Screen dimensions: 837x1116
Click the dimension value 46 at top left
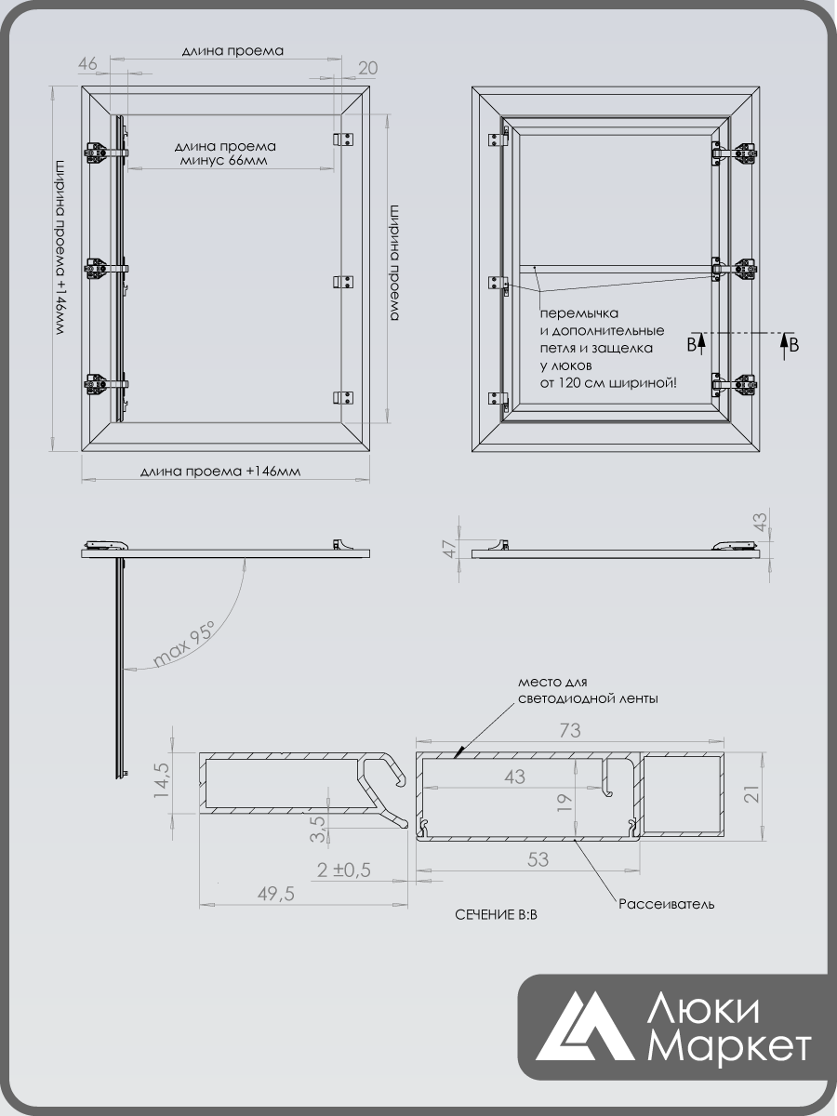click(87, 63)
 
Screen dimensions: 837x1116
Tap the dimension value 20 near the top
click(368, 68)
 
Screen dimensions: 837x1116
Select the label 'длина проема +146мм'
click(220, 472)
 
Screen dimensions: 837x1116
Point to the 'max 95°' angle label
click(184, 644)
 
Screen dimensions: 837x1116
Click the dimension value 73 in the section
click(570, 731)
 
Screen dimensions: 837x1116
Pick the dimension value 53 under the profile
click(538, 859)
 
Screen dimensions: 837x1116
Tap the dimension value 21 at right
click(752, 794)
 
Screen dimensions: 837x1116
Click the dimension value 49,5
click(276, 894)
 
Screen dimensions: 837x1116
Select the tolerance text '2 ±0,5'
click(343, 870)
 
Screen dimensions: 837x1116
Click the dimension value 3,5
click(317, 829)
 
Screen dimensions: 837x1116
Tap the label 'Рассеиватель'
click(666, 904)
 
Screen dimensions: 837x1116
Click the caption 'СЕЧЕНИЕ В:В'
click(496, 915)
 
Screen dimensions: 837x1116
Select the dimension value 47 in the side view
click(450, 549)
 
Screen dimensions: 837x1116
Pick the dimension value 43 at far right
click(759, 522)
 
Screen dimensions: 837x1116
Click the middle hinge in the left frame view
click(106, 270)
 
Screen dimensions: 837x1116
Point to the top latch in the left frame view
click(343, 139)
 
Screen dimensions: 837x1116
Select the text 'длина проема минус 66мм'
click(225, 153)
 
